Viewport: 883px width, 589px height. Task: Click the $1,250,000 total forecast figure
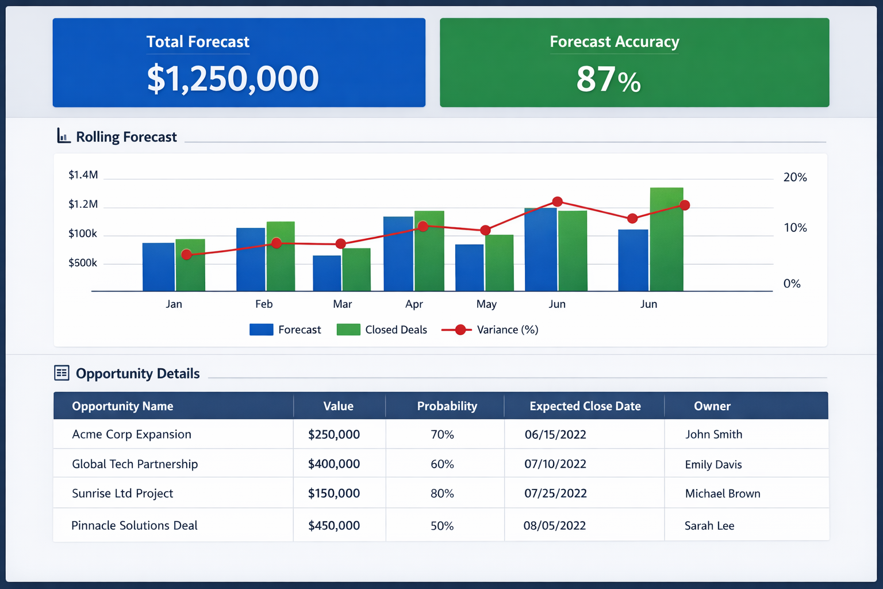coord(233,79)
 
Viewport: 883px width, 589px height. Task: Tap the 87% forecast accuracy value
coord(608,79)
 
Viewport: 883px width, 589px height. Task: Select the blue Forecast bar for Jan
coord(158,267)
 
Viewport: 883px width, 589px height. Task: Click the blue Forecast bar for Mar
coord(327,273)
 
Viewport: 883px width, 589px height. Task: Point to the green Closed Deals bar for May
coord(499,263)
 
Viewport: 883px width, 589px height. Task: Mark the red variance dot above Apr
coord(423,227)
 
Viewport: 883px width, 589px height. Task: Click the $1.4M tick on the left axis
coord(83,175)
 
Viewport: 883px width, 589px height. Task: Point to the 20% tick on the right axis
coord(795,177)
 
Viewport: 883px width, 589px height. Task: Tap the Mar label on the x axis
coord(342,304)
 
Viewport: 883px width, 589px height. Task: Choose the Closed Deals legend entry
coord(382,330)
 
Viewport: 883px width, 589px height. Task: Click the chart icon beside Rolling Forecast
coord(63,136)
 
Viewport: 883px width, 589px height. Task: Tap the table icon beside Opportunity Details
coord(62,373)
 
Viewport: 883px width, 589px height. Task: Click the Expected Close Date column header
coord(585,406)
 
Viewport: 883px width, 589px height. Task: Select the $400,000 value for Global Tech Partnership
coord(334,464)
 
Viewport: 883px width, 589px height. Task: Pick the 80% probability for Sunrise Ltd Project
coord(442,494)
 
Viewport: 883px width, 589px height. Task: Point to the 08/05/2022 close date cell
coord(554,526)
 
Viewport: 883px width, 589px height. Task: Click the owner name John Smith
coord(713,434)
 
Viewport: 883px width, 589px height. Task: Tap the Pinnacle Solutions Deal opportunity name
coord(135,525)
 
